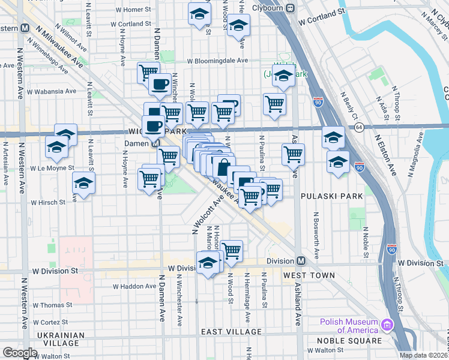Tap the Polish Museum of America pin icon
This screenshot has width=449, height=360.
(x=387, y=326)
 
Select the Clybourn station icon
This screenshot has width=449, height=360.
(x=289, y=8)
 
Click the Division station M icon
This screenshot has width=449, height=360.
(x=301, y=261)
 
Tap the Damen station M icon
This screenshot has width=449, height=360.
(x=155, y=144)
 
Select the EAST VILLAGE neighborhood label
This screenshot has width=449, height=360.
(x=231, y=332)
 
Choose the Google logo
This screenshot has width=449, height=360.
(x=20, y=353)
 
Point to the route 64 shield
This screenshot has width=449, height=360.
(x=359, y=127)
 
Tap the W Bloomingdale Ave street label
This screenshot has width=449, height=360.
(x=217, y=61)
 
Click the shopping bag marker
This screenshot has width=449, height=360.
(x=223, y=167)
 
